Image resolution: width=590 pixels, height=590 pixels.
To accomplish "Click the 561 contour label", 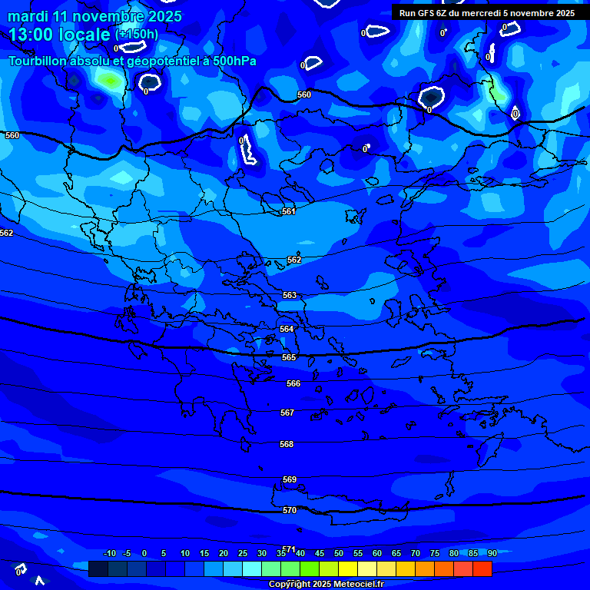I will pyautogui.click(x=289, y=211).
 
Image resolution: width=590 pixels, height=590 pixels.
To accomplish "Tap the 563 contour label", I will pyautogui.click(x=290, y=296).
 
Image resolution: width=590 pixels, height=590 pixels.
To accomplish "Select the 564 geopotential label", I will pyautogui.click(x=287, y=329).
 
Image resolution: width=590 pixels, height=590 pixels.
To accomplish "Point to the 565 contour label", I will pyautogui.click(x=289, y=357).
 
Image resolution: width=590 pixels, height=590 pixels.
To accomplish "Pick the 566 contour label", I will pyautogui.click(x=293, y=383).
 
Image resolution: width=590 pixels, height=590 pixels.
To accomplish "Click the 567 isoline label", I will pyautogui.click(x=287, y=413).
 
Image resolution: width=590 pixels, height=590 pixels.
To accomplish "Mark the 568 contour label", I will pyautogui.click(x=287, y=444).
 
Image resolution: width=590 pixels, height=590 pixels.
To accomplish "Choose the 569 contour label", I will pyautogui.click(x=290, y=479).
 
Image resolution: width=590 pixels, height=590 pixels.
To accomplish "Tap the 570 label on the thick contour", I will pyautogui.click(x=290, y=510).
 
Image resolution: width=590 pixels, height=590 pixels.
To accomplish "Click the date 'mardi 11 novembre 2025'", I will pyautogui.click(x=95, y=16).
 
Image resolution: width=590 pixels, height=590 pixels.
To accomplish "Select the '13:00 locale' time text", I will pyautogui.click(x=60, y=35).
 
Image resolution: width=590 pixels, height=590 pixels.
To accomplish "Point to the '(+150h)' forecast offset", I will pyautogui.click(x=137, y=35).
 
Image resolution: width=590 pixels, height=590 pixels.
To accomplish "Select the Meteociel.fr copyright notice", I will pyautogui.click(x=326, y=584).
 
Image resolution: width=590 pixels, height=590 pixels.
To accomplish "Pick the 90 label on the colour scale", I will pyautogui.click(x=492, y=554).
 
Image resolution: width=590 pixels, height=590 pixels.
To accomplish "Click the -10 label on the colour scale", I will pyautogui.click(x=110, y=554).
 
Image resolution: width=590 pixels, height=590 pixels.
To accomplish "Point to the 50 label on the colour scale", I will pyautogui.click(x=339, y=554).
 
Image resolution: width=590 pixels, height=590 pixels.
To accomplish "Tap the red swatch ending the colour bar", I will pyautogui.click(x=482, y=568).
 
